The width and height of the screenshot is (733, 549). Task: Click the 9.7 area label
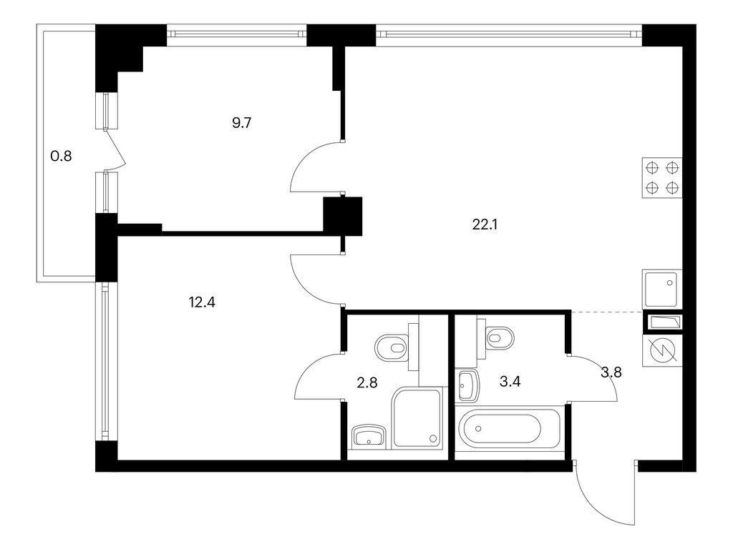pyautogui.click(x=241, y=122)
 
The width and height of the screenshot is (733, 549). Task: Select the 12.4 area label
pyautogui.click(x=202, y=302)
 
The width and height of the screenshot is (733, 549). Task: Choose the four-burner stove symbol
pyautogui.click(x=662, y=178)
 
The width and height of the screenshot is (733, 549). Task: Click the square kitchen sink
pyautogui.click(x=662, y=289)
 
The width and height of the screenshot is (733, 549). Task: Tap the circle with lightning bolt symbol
pyautogui.click(x=662, y=352)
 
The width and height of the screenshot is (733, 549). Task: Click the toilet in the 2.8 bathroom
pyautogui.click(x=391, y=348)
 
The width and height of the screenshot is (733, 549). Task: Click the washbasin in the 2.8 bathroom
pyautogui.click(x=369, y=435)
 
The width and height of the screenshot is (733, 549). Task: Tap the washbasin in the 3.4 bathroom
pyautogui.click(x=466, y=386)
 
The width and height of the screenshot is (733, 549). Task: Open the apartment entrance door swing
pyautogui.click(x=605, y=497)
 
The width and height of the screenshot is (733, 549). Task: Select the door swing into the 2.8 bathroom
pyautogui.click(x=319, y=377)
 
